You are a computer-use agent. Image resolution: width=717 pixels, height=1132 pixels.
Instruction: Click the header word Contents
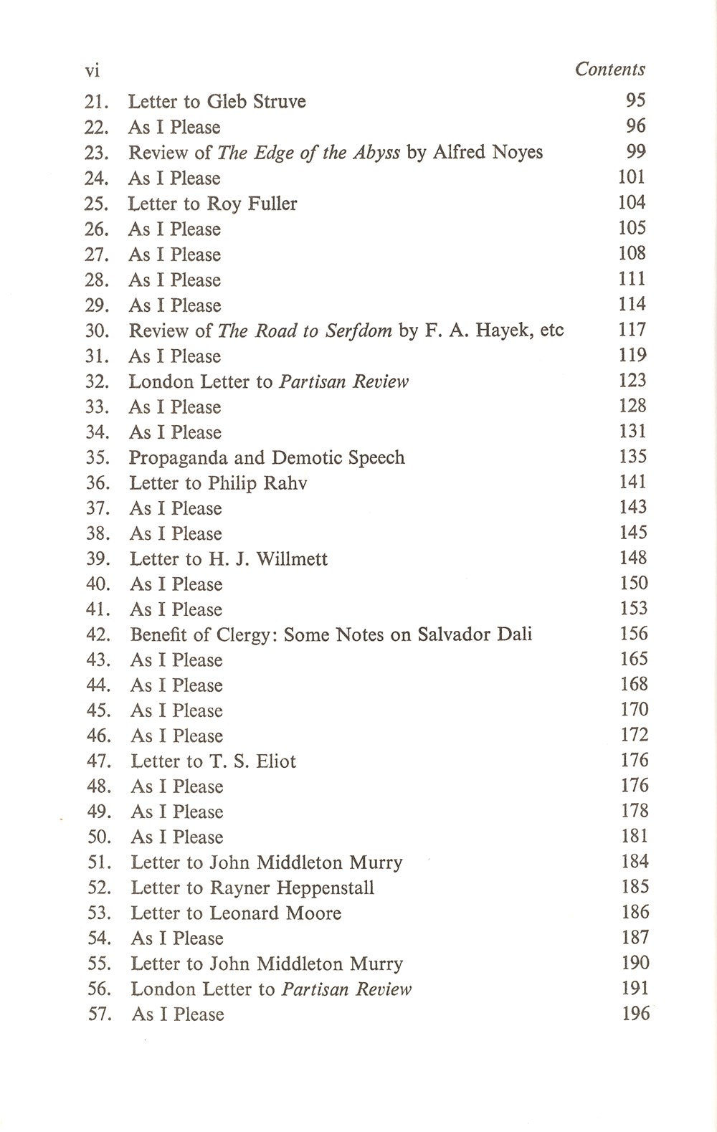tap(609, 70)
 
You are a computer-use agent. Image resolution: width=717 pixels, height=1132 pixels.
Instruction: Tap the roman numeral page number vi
tap(92, 70)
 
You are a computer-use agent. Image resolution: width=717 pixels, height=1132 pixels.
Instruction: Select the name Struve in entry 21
tap(278, 102)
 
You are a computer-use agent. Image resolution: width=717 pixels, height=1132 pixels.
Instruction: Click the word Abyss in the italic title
tap(375, 153)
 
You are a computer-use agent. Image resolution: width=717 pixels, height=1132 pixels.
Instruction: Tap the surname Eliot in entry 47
tap(275, 761)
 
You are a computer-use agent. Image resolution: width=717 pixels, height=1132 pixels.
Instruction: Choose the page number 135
tap(632, 457)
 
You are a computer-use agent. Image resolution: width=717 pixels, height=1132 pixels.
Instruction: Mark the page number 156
tap(633, 634)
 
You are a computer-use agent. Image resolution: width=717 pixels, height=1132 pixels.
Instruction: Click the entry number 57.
tap(98, 1014)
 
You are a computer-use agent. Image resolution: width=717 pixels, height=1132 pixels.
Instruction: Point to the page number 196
tap(635, 1014)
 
